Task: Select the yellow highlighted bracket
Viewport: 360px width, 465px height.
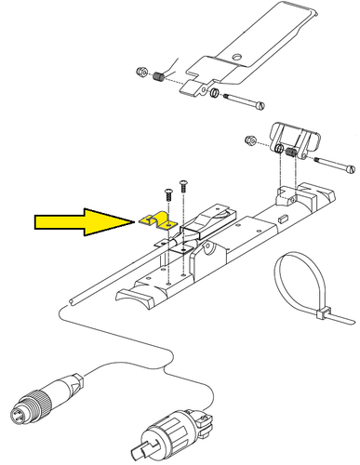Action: pyautogui.click(x=157, y=220)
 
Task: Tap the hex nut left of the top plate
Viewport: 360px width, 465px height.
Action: pyautogui.click(x=141, y=73)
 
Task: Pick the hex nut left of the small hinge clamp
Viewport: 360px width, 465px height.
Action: pyautogui.click(x=250, y=141)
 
